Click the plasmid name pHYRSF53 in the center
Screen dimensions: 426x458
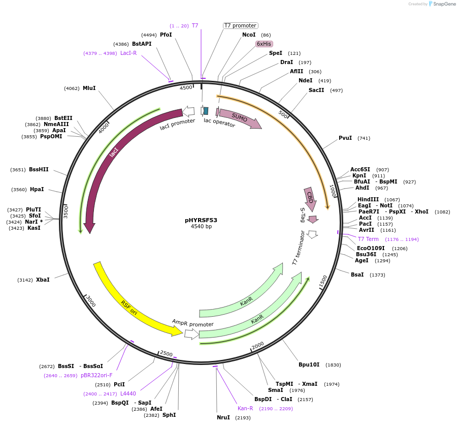pos(201,220)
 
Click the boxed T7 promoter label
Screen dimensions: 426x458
pos(240,25)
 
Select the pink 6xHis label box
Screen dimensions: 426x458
pos(264,44)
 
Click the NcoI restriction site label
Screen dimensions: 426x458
pos(249,35)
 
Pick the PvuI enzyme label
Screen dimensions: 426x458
pos(345,138)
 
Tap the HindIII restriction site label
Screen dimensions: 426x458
pos(368,199)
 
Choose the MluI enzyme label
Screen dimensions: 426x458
pos(89,88)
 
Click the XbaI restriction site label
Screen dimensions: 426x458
pos(43,280)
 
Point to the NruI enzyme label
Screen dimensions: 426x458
pos(223,417)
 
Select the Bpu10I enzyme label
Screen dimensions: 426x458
pos(309,364)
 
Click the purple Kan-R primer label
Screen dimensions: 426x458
pos(245,408)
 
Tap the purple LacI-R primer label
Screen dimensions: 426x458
pos(128,53)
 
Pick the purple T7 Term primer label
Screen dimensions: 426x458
pos(368,239)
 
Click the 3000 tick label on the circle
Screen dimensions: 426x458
pos(90,301)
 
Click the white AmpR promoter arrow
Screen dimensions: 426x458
pos(191,333)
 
